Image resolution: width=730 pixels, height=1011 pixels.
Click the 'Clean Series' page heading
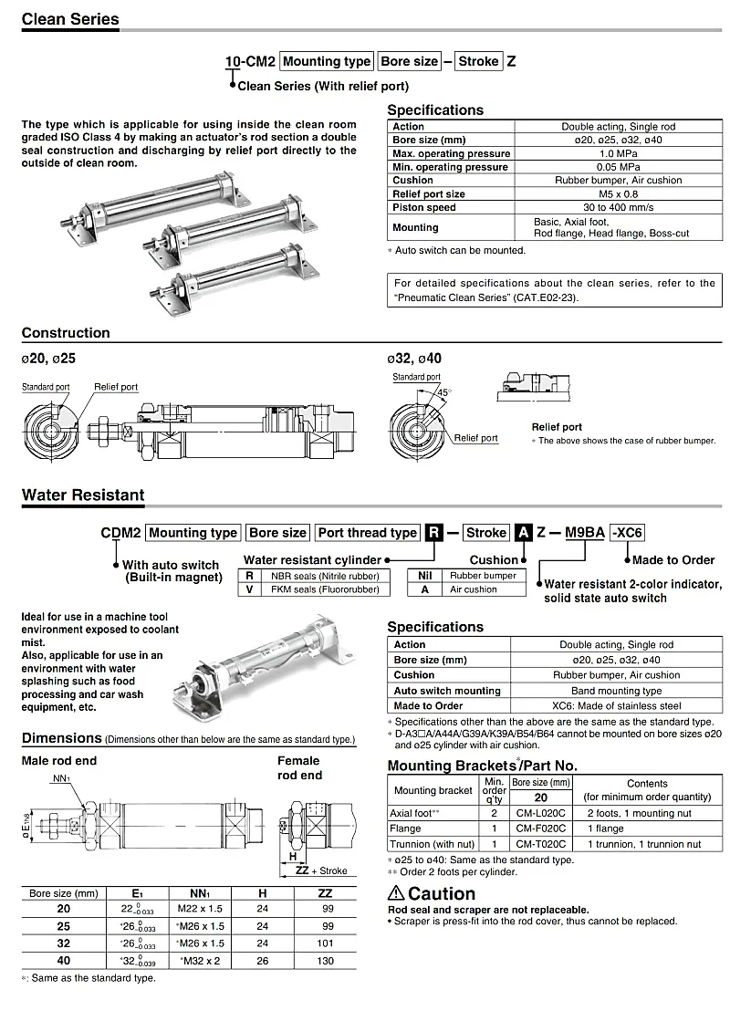(70, 18)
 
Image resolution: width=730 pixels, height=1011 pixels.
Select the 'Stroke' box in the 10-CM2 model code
(478, 61)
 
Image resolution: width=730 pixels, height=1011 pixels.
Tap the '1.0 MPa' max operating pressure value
(618, 153)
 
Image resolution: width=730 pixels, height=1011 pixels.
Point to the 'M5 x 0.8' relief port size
(618, 193)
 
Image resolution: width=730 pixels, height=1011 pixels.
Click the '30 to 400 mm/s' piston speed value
(618, 207)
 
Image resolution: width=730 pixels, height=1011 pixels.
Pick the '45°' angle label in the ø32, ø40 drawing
(444, 392)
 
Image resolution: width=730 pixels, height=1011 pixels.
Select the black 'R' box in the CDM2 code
(434, 533)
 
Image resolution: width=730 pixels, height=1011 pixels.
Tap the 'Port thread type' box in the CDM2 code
(368, 533)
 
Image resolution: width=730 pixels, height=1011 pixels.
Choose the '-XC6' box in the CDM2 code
(627, 533)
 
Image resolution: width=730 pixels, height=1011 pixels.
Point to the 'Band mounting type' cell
(616, 691)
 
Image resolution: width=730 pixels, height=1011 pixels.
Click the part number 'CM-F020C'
(540, 829)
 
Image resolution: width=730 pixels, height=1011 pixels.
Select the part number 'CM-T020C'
(540, 844)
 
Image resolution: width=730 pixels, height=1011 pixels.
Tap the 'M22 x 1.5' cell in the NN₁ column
(200, 909)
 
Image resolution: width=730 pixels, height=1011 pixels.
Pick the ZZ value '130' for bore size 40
(326, 961)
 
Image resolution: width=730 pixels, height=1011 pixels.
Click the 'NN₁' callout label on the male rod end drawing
(60, 779)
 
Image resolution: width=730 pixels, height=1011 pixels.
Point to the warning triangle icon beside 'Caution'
(396, 893)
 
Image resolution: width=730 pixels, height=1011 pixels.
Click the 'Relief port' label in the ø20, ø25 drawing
(116, 387)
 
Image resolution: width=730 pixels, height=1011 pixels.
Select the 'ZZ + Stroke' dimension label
(321, 870)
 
